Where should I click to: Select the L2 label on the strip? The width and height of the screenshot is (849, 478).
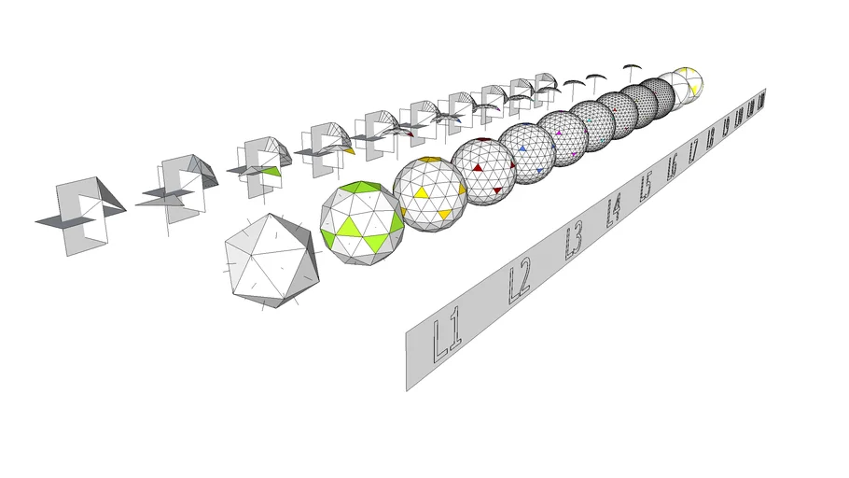(x=519, y=282)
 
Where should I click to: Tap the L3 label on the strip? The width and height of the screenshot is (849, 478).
(x=573, y=242)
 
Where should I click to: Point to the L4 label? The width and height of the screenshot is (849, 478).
(x=613, y=211)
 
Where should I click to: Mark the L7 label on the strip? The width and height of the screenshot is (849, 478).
(x=692, y=152)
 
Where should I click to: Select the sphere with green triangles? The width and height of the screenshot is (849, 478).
(x=362, y=222)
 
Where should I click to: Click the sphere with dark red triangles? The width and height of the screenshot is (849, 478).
(x=483, y=169)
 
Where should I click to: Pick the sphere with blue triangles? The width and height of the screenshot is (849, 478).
(x=527, y=149)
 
